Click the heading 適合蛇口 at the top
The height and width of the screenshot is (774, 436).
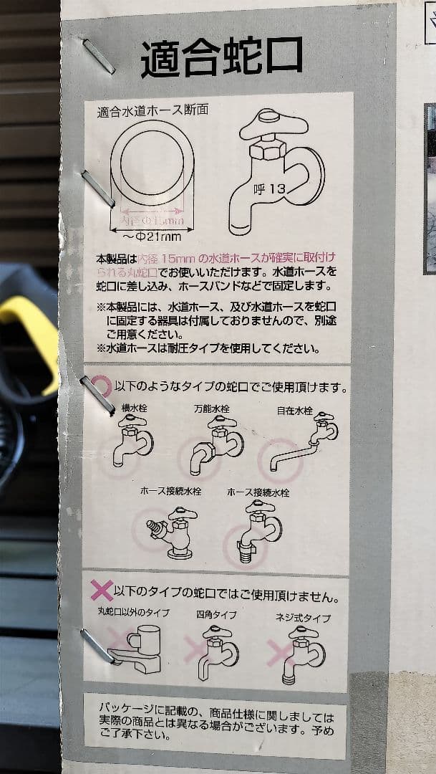pyautogui.click(x=221, y=58)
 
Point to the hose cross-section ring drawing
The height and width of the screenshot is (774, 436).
pyautogui.click(x=152, y=163)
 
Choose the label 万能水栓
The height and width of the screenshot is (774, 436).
pyautogui.click(x=212, y=408)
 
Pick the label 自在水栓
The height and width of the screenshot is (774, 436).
pyautogui.click(x=295, y=410)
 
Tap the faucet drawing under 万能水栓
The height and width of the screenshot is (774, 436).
pyautogui.click(x=215, y=445)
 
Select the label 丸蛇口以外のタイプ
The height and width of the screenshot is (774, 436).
pyautogui.click(x=133, y=612)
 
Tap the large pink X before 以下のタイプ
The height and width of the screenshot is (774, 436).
pyautogui.click(x=101, y=591)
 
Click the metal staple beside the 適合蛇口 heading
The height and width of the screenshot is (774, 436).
pyautogui.click(x=98, y=57)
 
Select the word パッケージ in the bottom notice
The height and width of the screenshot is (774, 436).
pyautogui.click(x=123, y=707)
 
